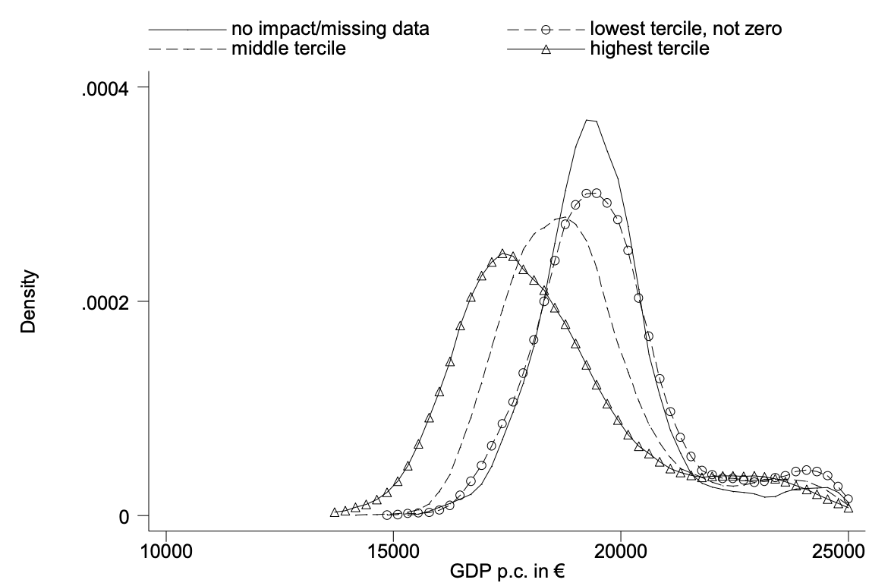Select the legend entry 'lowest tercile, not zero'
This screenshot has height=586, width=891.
685,30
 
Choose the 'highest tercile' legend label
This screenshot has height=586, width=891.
649,49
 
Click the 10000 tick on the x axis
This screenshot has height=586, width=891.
165,550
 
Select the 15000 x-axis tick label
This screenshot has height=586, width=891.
393,550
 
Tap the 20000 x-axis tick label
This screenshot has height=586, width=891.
621,550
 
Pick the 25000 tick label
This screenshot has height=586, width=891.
848,550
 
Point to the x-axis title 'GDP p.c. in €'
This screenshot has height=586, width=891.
506,572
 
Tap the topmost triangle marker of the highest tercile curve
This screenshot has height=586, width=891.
502,254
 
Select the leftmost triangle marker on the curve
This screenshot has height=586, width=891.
335,512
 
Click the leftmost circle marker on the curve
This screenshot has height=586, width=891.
387,515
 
